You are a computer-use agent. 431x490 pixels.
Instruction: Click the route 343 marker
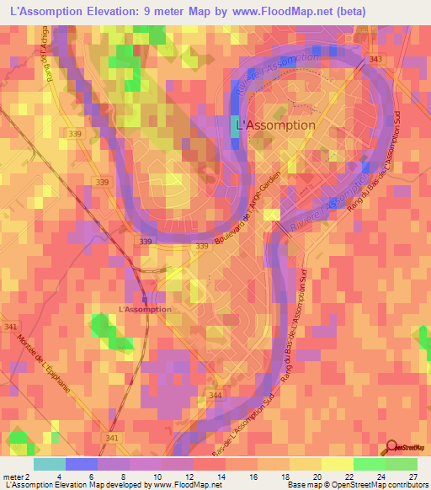375,58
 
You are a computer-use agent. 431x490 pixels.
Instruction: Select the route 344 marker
216,395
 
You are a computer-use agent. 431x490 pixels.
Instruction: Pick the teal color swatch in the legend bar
50,464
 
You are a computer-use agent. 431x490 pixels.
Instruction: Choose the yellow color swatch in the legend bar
338,464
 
